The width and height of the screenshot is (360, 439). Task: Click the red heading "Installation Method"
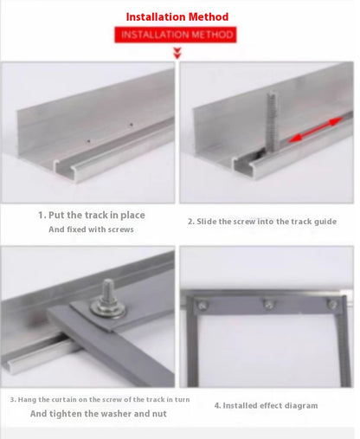pos(177,16)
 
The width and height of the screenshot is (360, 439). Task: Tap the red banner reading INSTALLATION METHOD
pos(176,35)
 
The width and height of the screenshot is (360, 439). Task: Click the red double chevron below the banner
pos(177,54)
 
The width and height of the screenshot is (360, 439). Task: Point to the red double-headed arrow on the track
pos(315,130)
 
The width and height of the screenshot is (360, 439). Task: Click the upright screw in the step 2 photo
pos(272,121)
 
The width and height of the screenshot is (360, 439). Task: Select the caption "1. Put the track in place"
pos(92,216)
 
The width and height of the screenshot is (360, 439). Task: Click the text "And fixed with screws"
pos(91,229)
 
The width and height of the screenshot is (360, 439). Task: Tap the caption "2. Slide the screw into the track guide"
pos(262,222)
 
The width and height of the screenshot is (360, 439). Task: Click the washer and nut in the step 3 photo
pos(108,308)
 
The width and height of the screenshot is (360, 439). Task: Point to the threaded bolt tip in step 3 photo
pos(108,284)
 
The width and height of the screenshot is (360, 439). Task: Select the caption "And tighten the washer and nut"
pos(99,414)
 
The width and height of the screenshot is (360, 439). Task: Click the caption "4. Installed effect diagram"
pos(266,405)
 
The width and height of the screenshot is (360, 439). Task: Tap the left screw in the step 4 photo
pos(202,305)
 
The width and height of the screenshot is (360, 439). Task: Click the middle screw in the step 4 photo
pos(269,304)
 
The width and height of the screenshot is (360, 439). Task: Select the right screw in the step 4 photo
pos(333,305)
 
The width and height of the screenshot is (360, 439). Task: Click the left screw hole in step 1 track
pos(88,141)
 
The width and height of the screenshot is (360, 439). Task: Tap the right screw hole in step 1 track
pos(132,125)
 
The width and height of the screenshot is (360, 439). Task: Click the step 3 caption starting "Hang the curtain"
pos(100,400)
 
